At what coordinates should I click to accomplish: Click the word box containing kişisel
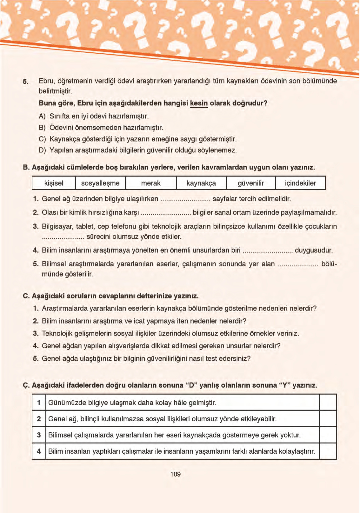(54, 183)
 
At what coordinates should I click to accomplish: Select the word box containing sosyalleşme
(100, 183)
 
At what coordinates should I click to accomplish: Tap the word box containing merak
(151, 183)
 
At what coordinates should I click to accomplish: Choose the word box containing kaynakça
(201, 183)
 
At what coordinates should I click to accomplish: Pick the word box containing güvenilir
(251, 183)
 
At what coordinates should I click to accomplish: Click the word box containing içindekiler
(300, 183)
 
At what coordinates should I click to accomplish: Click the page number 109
(175, 474)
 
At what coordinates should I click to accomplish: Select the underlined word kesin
(199, 103)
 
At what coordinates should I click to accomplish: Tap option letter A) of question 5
(42, 116)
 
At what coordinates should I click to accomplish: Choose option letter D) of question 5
(42, 150)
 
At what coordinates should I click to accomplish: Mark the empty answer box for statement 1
(328, 403)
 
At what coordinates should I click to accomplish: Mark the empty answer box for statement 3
(328, 435)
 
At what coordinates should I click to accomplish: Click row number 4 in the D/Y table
(39, 451)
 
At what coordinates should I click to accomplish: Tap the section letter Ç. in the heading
(26, 386)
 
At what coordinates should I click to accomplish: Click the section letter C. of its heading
(26, 296)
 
